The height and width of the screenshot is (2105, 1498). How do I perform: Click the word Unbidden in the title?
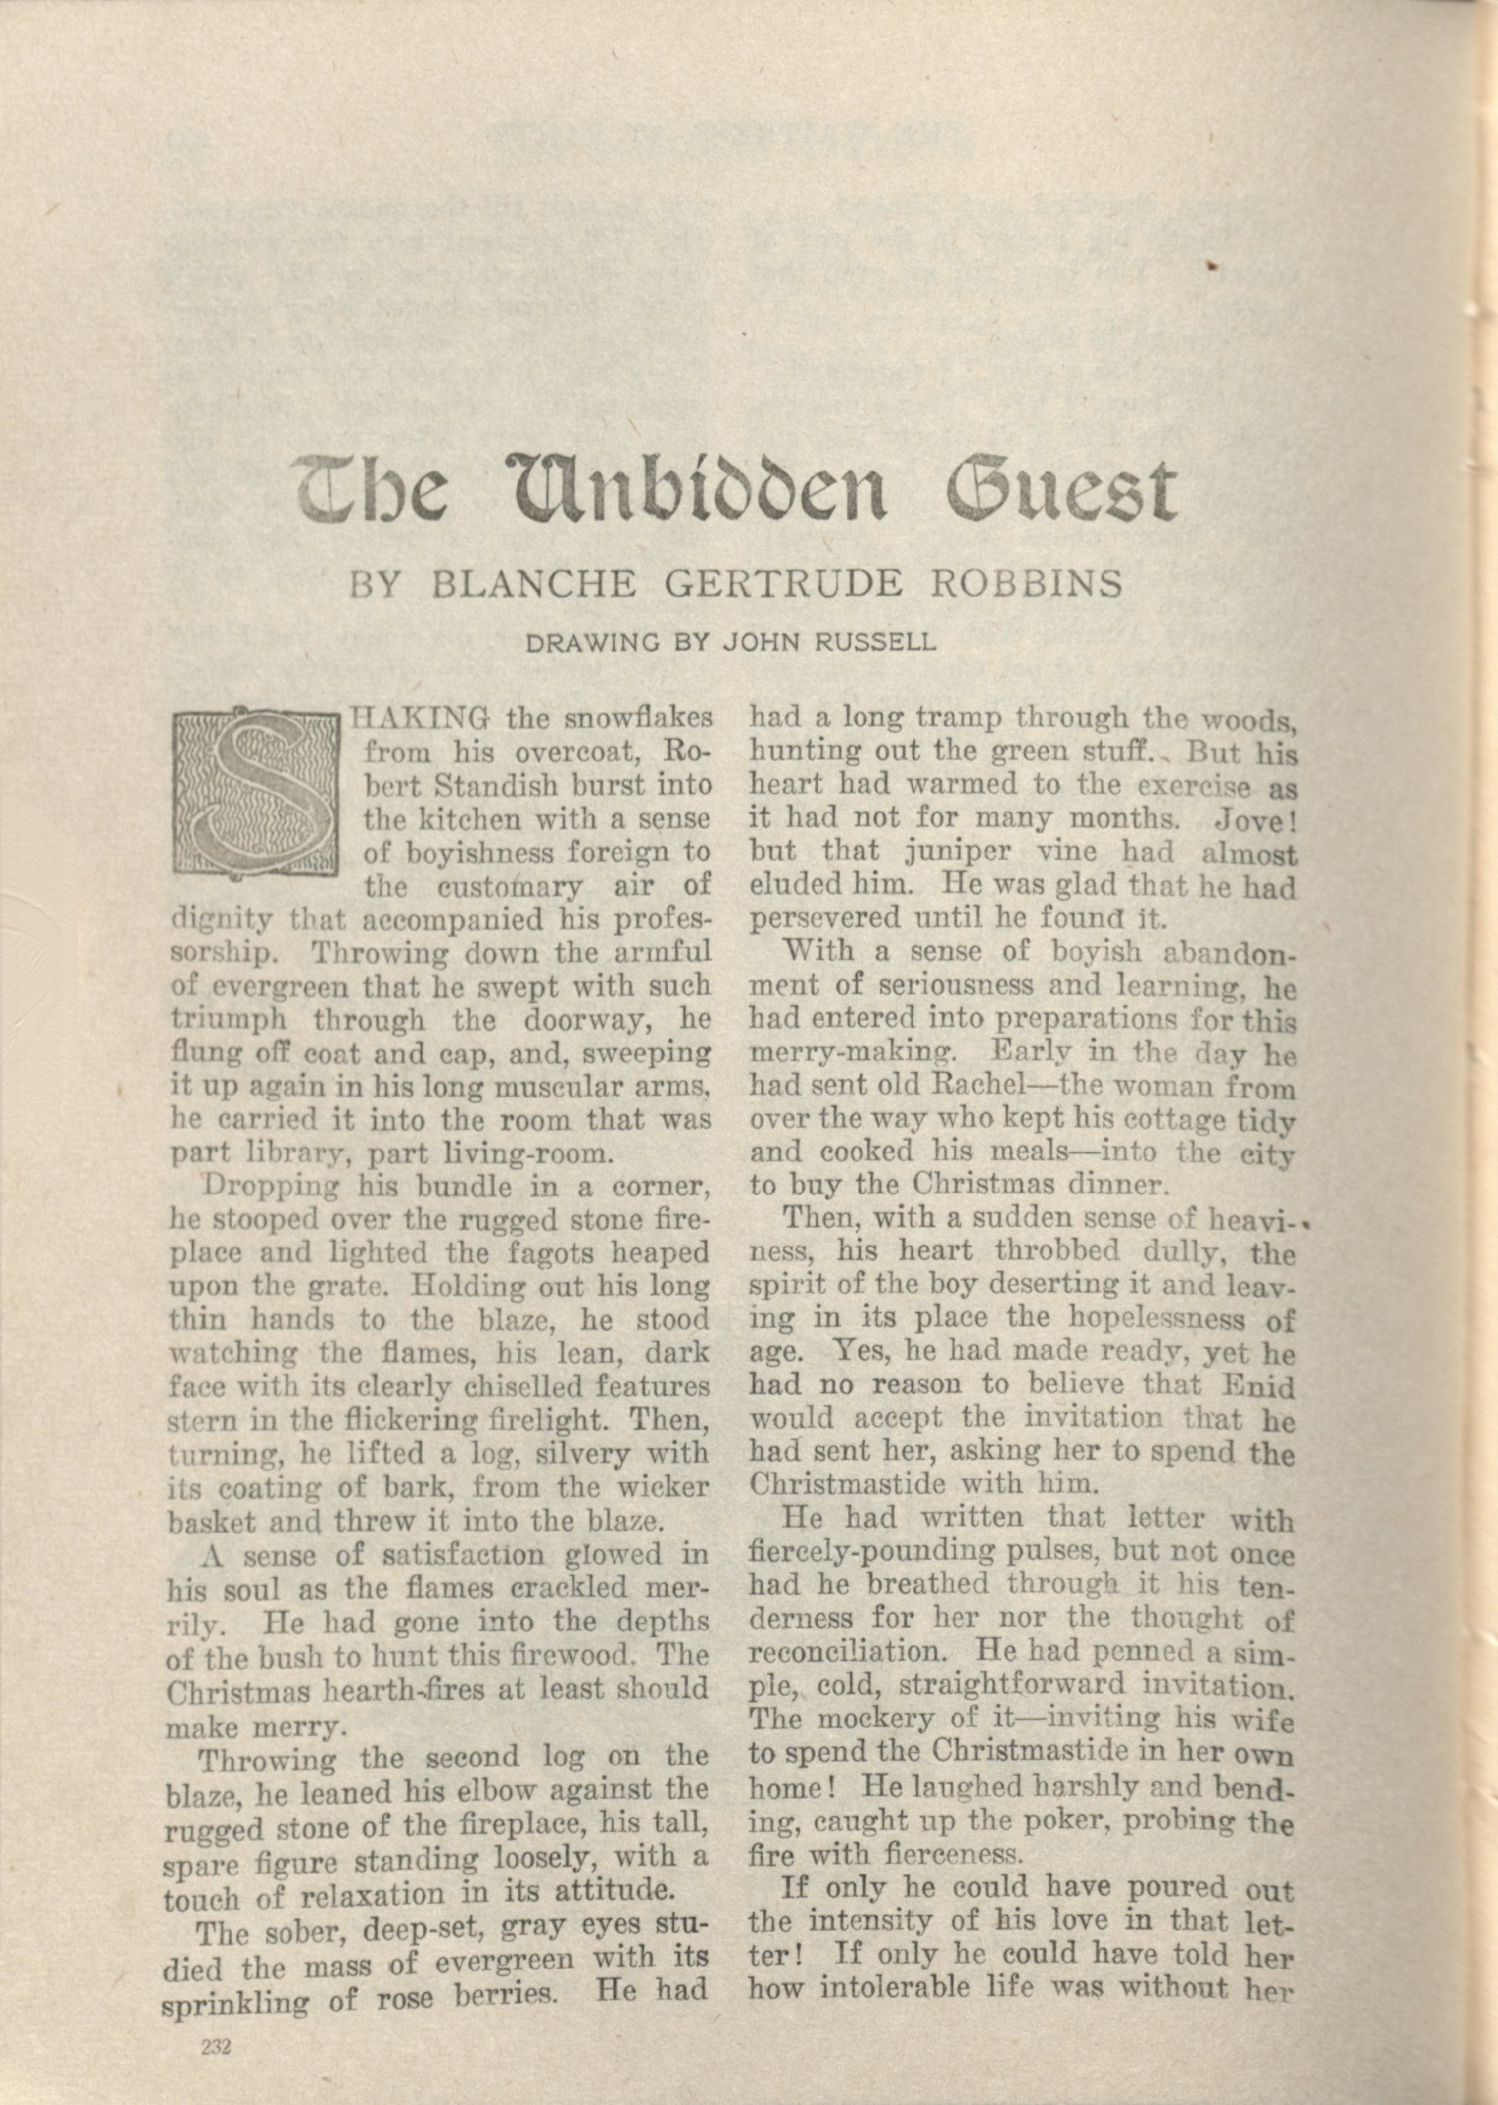[702, 487]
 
